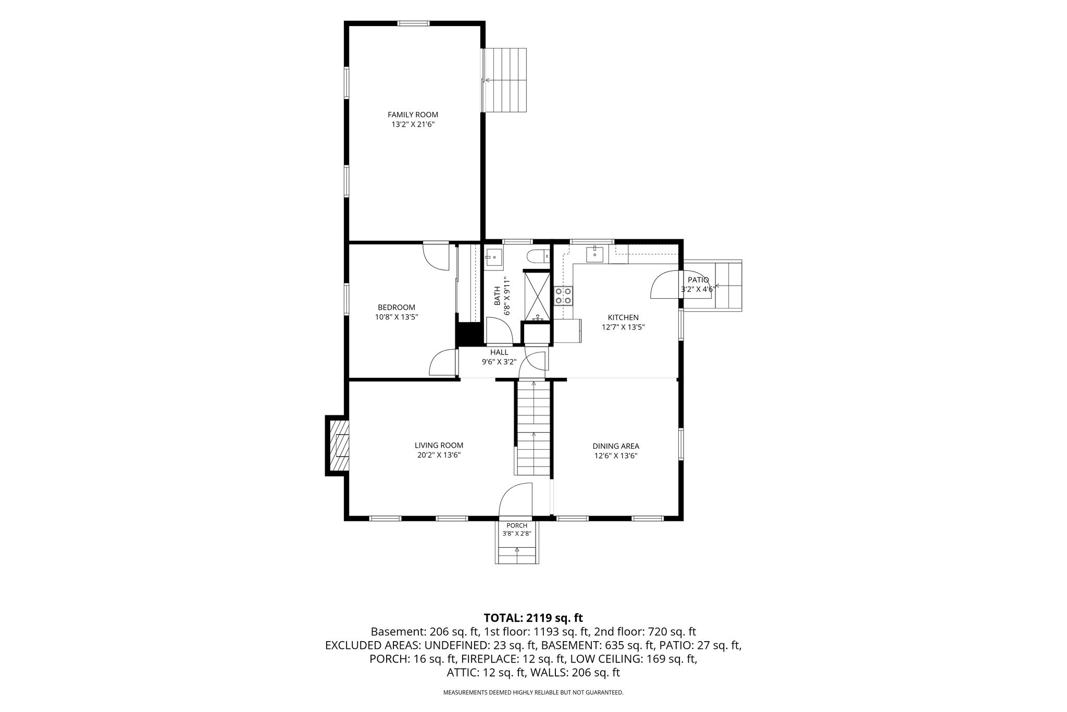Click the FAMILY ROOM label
[413, 115]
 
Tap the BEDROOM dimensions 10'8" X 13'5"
[396, 317]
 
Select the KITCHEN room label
[623, 317]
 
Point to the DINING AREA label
[616, 446]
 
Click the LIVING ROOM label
[439, 446]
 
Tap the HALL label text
[499, 352]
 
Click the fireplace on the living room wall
[337, 446]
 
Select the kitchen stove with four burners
[563, 296]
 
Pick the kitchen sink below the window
[594, 254]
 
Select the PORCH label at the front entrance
[517, 525]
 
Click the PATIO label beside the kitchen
[698, 280]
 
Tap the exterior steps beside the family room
[505, 80]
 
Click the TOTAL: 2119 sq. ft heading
[533, 618]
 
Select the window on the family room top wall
[414, 23]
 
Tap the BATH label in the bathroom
[497, 296]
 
